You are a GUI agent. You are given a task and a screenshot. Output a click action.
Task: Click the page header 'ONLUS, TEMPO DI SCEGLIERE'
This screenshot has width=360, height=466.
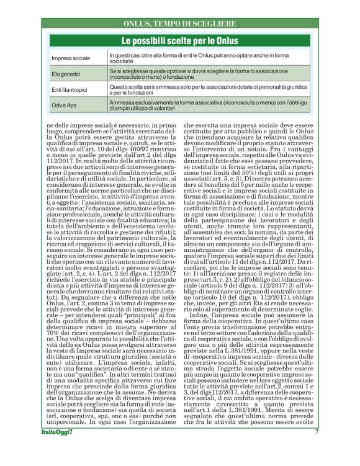click(179, 24)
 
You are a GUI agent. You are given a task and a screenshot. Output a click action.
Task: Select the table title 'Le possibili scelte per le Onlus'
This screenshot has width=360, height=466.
click(179, 40)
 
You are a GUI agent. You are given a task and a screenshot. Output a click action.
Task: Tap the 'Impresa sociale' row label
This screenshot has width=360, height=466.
click(71, 58)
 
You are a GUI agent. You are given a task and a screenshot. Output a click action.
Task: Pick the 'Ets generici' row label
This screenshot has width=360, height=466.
click(67, 74)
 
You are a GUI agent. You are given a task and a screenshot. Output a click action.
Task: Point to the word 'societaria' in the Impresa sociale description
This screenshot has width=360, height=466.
click(122, 61)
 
